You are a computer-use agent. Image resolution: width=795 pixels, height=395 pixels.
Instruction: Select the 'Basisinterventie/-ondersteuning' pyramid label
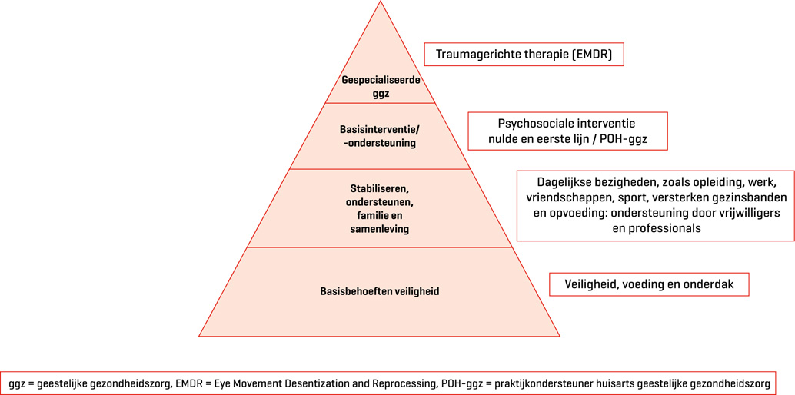(380, 136)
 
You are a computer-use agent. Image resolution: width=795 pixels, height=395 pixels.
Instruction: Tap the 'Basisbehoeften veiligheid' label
(380, 292)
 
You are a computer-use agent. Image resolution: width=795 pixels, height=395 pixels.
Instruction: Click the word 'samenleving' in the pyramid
(380, 229)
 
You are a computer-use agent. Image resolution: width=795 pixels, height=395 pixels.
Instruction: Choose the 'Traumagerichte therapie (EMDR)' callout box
(524, 55)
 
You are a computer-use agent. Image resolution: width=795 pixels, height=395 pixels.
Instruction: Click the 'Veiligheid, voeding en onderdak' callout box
(649, 284)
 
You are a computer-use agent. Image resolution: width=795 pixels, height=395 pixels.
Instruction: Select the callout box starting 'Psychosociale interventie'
(567, 131)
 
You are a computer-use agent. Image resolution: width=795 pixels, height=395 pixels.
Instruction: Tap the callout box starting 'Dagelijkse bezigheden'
(655, 206)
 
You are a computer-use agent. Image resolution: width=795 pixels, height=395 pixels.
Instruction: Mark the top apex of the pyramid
(380, 2)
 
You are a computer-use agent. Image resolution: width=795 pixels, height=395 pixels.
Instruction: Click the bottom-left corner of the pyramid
(199, 336)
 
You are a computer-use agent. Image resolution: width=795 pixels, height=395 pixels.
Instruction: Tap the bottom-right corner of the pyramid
(560, 336)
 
